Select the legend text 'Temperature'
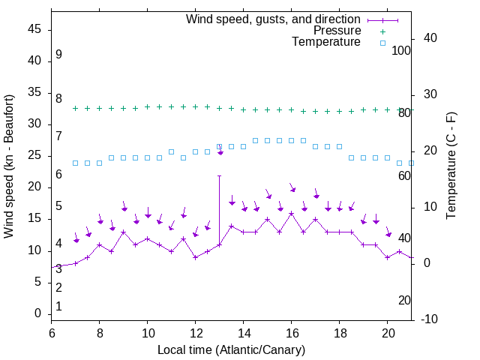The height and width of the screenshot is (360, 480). [x=326, y=42]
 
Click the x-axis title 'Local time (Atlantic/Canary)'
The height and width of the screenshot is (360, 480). [x=232, y=349]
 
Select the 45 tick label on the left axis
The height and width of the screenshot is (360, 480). [x=34, y=29]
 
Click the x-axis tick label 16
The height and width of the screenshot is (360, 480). [x=291, y=332]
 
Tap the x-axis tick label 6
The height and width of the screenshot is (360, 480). [x=51, y=332]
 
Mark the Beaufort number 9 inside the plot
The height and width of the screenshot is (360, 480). [x=58, y=55]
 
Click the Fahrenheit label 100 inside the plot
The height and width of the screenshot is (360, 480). [x=401, y=50]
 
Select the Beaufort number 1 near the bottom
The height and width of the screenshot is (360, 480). [x=58, y=306]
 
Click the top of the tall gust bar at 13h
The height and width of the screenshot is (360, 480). [x=219, y=176]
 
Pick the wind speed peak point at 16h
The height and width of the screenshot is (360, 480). [x=291, y=213]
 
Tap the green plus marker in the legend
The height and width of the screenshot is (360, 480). [x=382, y=31]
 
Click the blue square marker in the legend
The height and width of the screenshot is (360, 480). [x=382, y=43]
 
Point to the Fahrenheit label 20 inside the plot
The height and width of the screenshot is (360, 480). [x=404, y=300]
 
